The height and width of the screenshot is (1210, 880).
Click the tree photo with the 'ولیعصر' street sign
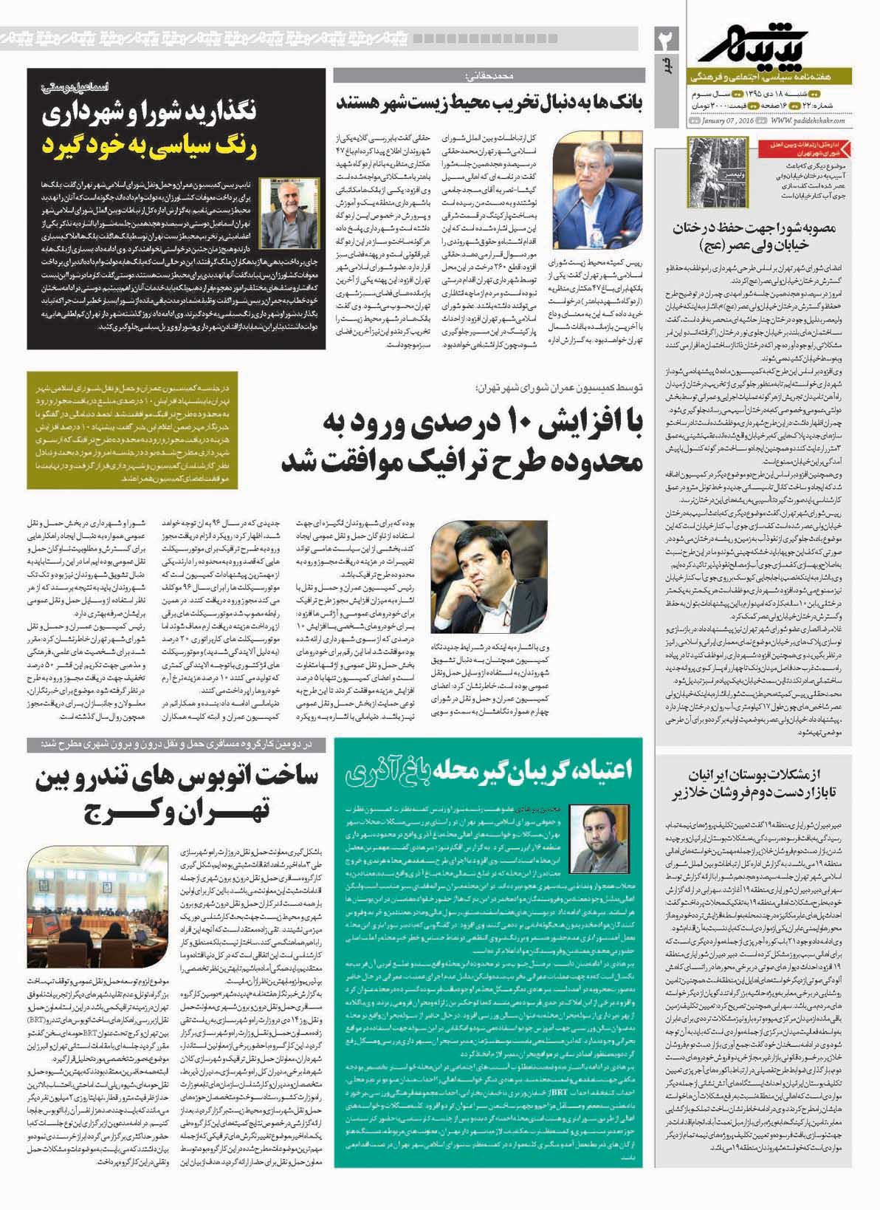(717, 169)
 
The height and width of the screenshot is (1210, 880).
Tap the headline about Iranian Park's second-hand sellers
(769, 776)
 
